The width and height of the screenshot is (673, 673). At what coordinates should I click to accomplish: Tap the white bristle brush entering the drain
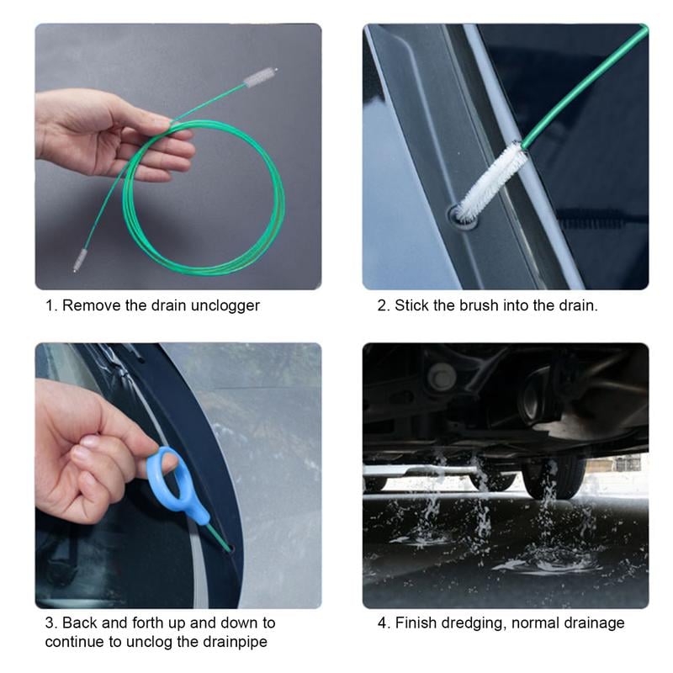tap(491, 180)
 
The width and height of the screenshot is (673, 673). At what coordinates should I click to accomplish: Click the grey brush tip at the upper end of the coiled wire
tap(259, 77)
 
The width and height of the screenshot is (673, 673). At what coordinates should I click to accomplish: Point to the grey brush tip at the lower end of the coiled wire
tap(80, 260)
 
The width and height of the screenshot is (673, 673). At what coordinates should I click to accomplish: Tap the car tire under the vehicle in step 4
tap(554, 475)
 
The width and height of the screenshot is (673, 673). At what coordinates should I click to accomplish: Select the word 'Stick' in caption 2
tap(411, 305)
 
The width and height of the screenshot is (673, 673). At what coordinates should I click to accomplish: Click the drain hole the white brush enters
tap(461, 215)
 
